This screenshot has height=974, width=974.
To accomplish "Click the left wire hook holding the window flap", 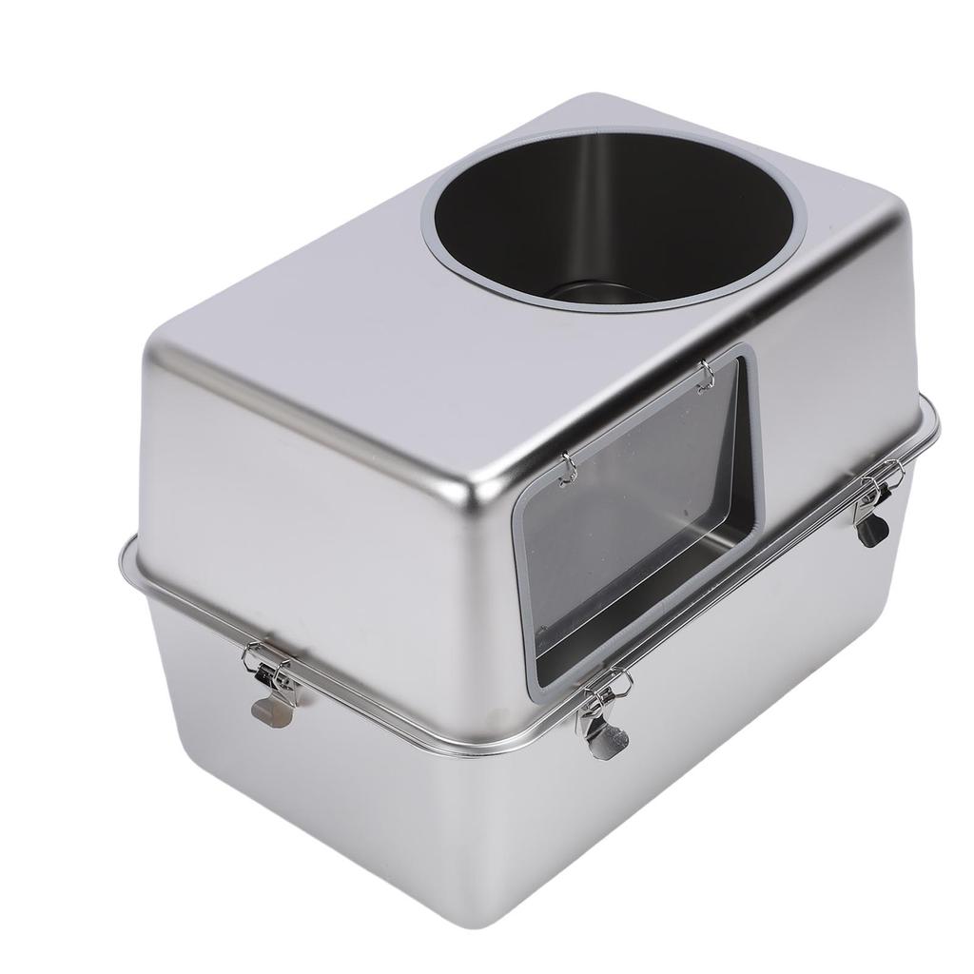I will point(568,467).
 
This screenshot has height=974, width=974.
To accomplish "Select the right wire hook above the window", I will point(706,376).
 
